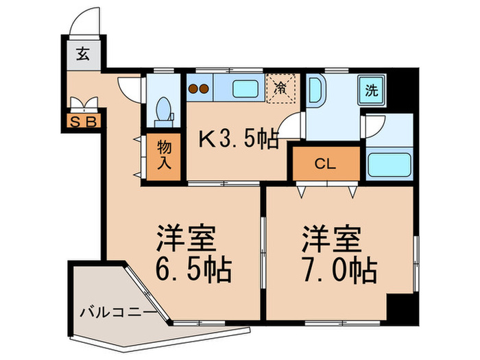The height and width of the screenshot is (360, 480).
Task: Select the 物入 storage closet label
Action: click(x=164, y=156)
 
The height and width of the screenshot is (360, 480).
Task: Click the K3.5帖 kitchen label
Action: click(x=238, y=140)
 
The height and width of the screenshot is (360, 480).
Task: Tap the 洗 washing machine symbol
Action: click(x=371, y=89)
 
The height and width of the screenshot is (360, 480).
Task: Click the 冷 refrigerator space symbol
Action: click(x=280, y=88)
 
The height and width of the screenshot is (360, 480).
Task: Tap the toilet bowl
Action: click(x=163, y=110)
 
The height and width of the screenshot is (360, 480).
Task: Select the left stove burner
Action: click(x=193, y=88)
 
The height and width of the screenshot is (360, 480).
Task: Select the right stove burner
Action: click(x=204, y=88)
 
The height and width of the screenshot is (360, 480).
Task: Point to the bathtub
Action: click(x=389, y=165)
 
